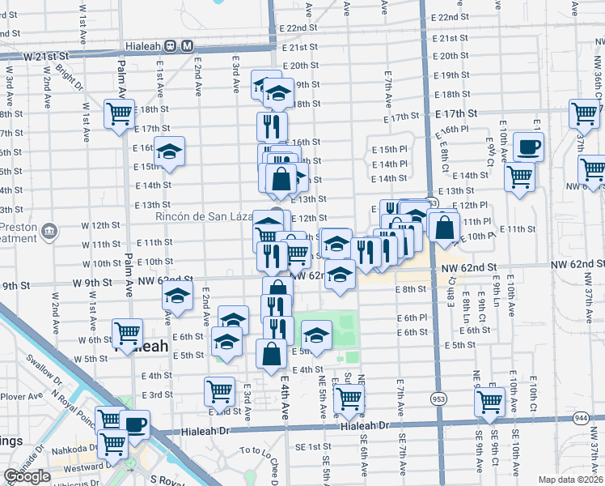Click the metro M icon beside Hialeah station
tap(188, 46)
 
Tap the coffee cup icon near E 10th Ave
tap(529, 147)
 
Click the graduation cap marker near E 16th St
tap(170, 151)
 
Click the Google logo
tap(27, 477)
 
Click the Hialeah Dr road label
tap(366, 425)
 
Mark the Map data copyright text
tap(570, 480)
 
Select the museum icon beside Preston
tap(49, 231)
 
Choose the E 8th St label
tap(411, 289)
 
